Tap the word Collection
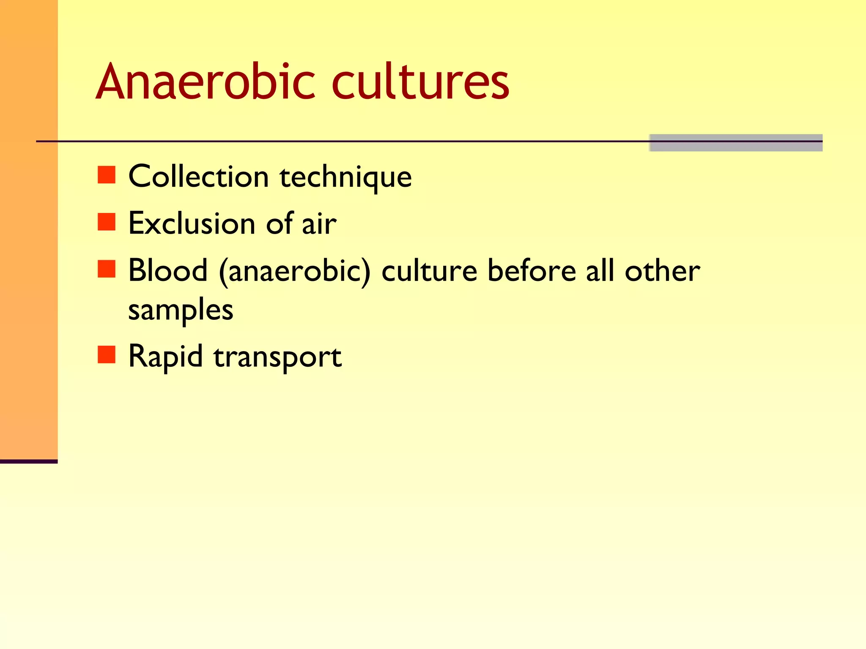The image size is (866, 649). pyautogui.click(x=198, y=176)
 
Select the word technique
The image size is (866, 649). pyautogui.click(x=345, y=178)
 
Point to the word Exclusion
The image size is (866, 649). pyautogui.click(x=192, y=224)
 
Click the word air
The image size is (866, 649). pyautogui.click(x=319, y=224)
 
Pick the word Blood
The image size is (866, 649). pyautogui.click(x=168, y=270)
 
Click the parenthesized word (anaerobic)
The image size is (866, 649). pyautogui.click(x=295, y=271)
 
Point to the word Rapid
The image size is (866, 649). pyautogui.click(x=165, y=357)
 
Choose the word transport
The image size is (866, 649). pyautogui.click(x=277, y=357)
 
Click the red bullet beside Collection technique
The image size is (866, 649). pyautogui.click(x=107, y=175)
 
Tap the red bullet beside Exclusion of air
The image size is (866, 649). pyautogui.click(x=107, y=222)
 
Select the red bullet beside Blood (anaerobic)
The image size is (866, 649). pyautogui.click(x=107, y=269)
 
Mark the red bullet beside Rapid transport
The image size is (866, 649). pyautogui.click(x=107, y=355)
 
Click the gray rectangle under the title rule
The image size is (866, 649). pyautogui.click(x=736, y=143)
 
